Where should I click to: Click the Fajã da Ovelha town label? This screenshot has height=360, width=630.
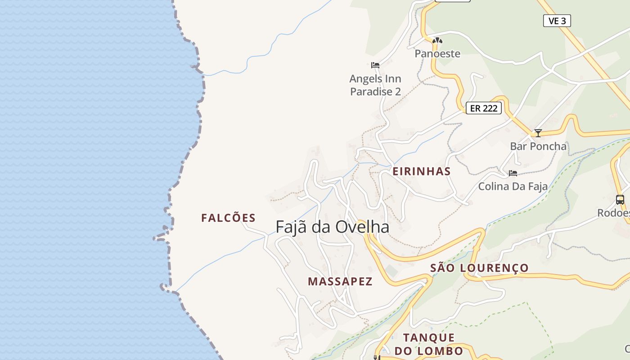[x=332, y=227]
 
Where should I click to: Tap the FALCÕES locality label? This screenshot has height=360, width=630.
[x=228, y=218]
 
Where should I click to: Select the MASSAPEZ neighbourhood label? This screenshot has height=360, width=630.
[x=340, y=282]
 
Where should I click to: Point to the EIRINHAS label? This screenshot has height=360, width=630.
[x=422, y=171]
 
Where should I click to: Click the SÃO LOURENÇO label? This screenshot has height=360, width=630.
[x=479, y=268]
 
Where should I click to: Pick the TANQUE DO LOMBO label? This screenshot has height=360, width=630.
[x=428, y=344]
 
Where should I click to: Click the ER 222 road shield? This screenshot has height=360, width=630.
[x=483, y=108]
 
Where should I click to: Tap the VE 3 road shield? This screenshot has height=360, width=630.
[x=557, y=21]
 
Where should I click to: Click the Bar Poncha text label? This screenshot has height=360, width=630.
[x=538, y=146]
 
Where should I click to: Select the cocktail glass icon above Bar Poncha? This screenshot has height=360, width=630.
[x=538, y=133]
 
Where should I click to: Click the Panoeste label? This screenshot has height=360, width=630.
[x=437, y=54]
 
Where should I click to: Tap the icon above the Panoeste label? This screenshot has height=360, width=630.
[x=437, y=40]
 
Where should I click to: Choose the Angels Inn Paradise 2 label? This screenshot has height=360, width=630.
[x=375, y=85]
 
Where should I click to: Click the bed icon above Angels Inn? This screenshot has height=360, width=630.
[x=375, y=65]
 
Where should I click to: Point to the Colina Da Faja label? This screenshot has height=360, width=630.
[x=513, y=186]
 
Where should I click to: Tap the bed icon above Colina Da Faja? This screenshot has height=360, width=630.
[x=513, y=173]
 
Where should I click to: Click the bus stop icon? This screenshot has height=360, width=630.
[x=620, y=199]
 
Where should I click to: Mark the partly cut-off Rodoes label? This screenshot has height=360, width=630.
[x=613, y=213]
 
